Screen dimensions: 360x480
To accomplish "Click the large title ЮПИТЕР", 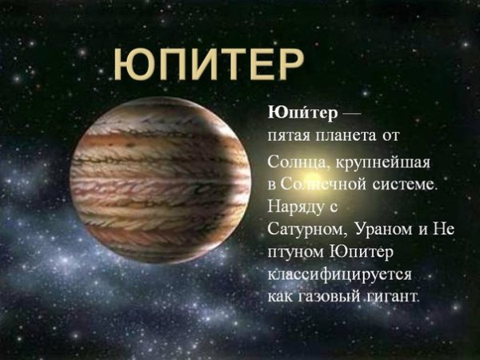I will coord(207,64).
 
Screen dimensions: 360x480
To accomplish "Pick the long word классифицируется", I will coord(339,276).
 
